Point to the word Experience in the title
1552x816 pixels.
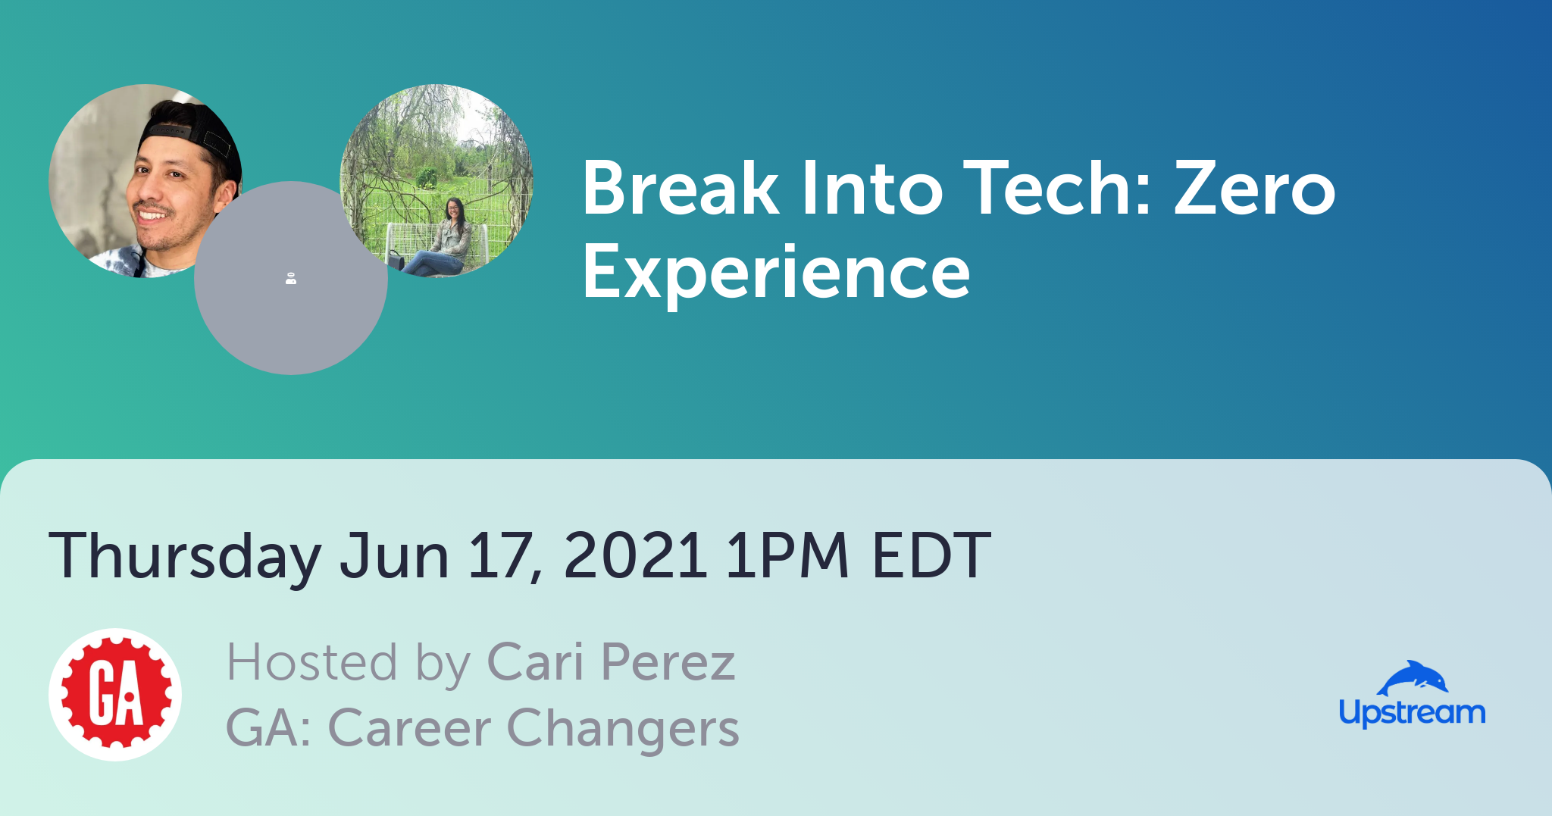[x=776, y=274]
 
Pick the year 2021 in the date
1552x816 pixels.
[x=635, y=555]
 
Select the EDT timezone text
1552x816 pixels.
[x=931, y=555]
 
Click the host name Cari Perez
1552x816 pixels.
[x=611, y=662]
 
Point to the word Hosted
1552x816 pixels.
[x=312, y=662]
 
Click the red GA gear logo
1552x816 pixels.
[x=115, y=694]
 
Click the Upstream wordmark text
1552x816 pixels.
[x=1412, y=713]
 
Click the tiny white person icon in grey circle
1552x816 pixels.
[x=291, y=279]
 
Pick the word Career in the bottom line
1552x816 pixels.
[x=409, y=729]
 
